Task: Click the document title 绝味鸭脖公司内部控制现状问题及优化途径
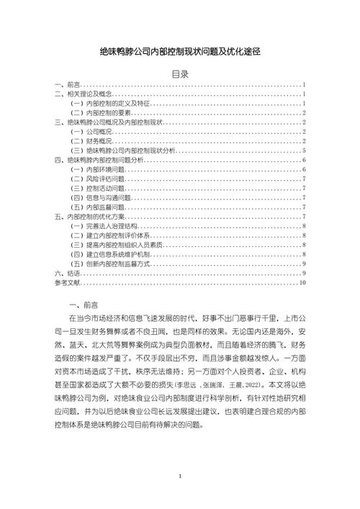click(179, 53)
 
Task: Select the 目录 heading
click(180, 74)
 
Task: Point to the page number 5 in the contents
click(305, 151)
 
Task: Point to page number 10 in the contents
click(303, 283)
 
